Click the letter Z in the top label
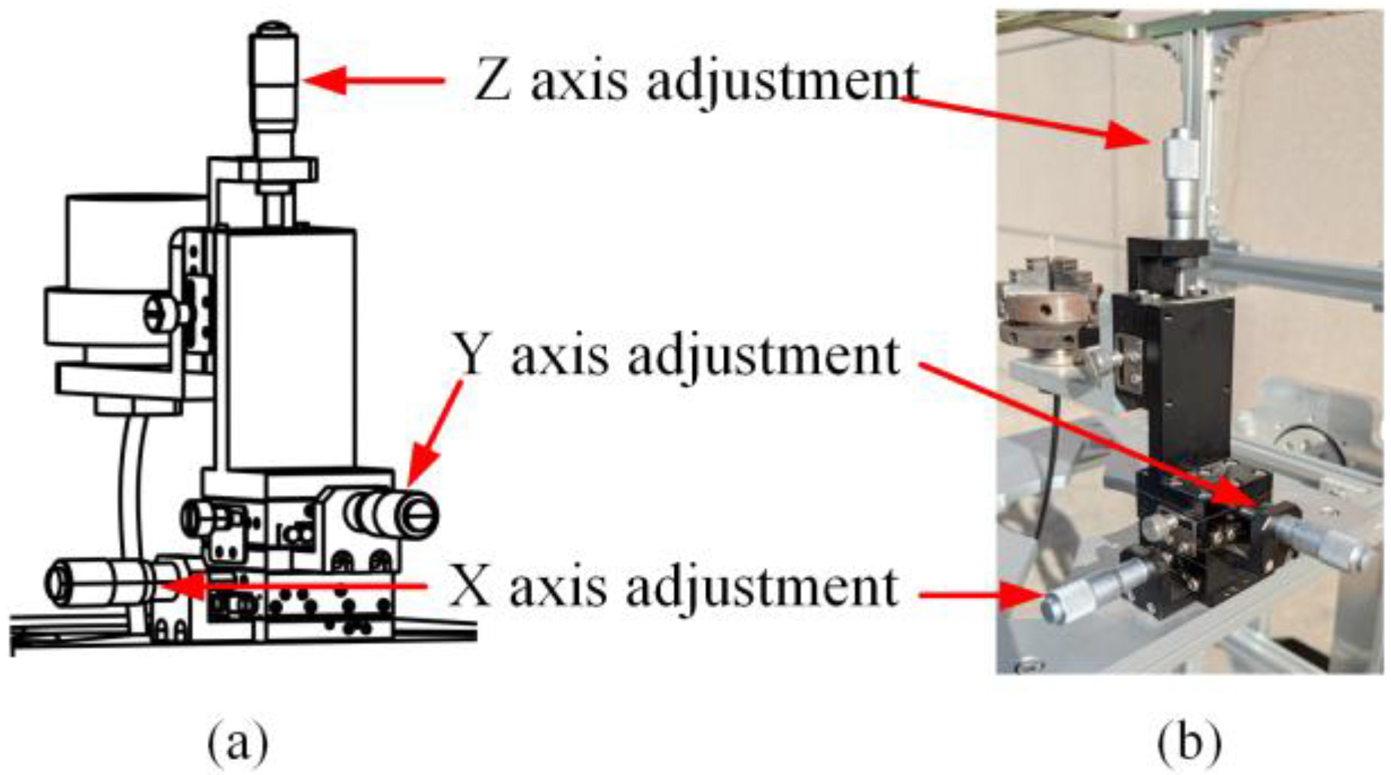click(493, 81)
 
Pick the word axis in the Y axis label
click(560, 356)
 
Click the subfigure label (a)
click(238, 743)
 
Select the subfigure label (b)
click(1189, 743)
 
